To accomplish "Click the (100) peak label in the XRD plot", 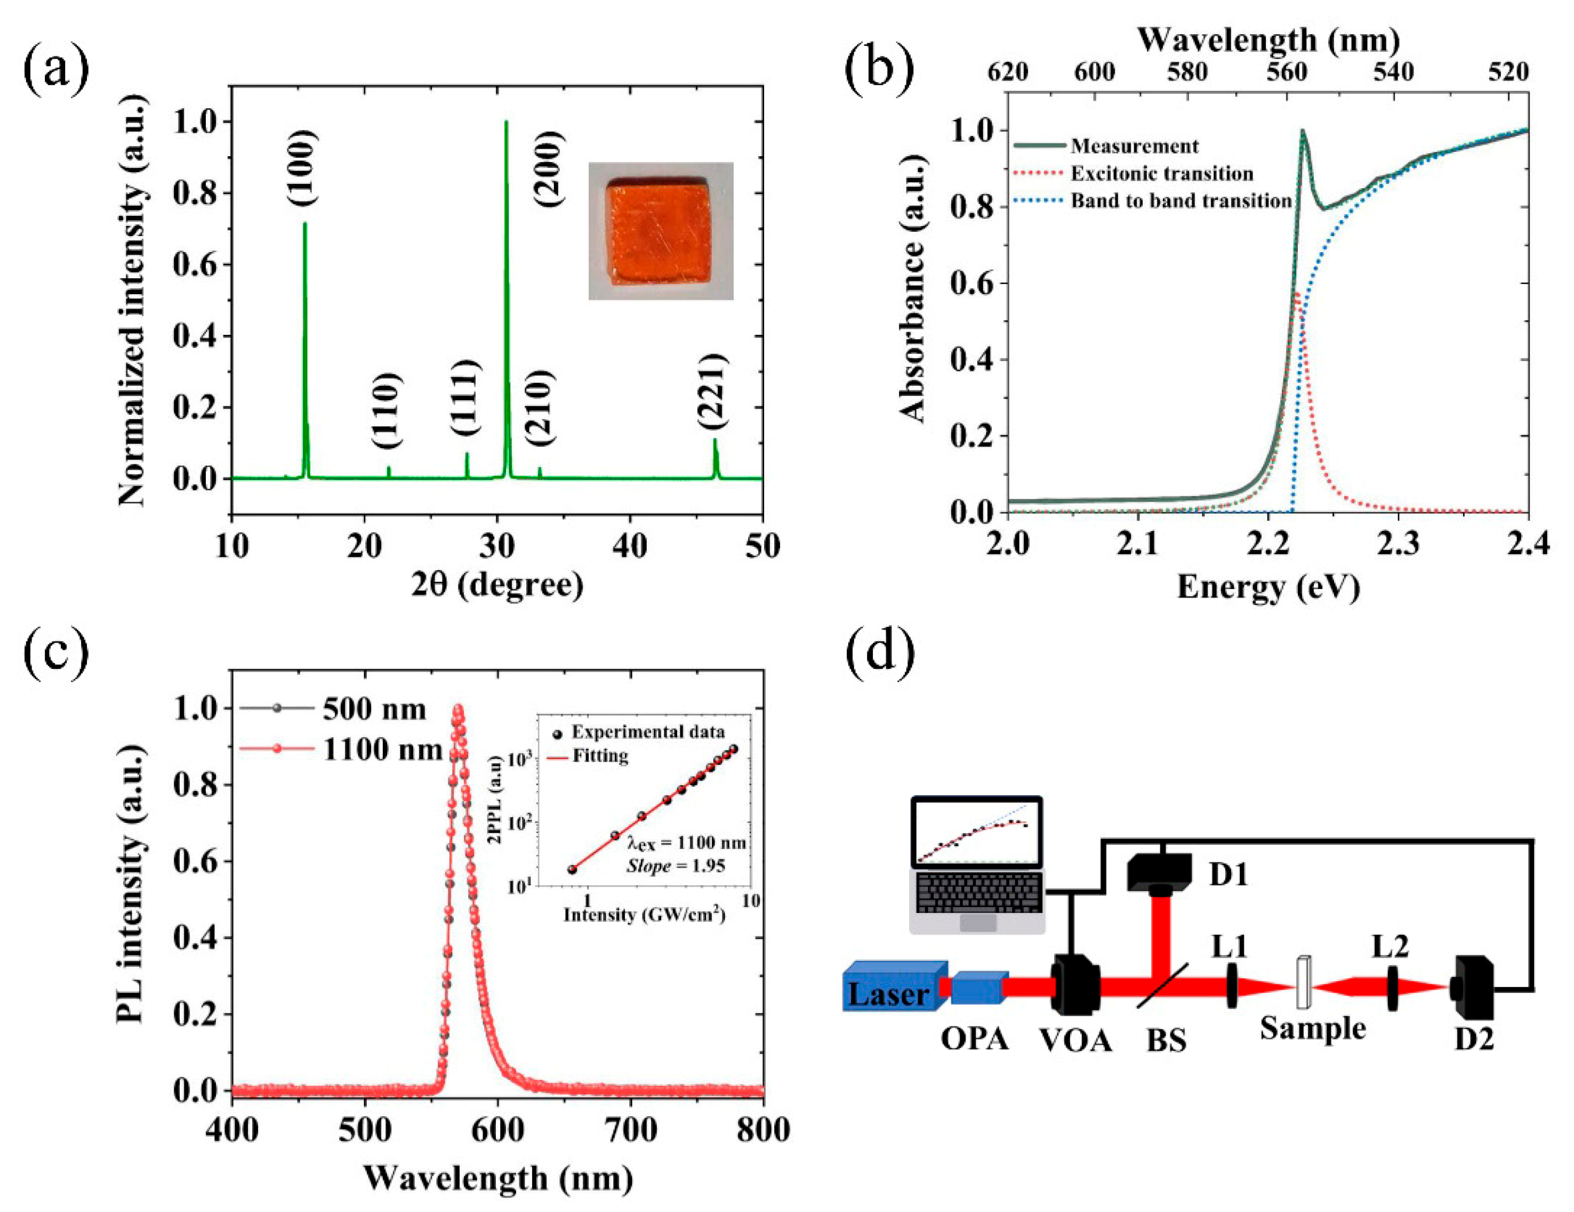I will (301, 169).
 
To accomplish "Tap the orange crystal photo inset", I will (660, 231).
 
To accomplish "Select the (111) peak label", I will (465, 397).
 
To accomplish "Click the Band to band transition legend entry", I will (1180, 200).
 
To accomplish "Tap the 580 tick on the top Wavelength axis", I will (1187, 72).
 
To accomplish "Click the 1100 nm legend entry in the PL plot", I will (381, 750).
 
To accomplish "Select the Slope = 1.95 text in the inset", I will (675, 866).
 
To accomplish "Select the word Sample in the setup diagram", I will (1312, 1028).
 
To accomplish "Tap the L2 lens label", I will (1389, 946).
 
